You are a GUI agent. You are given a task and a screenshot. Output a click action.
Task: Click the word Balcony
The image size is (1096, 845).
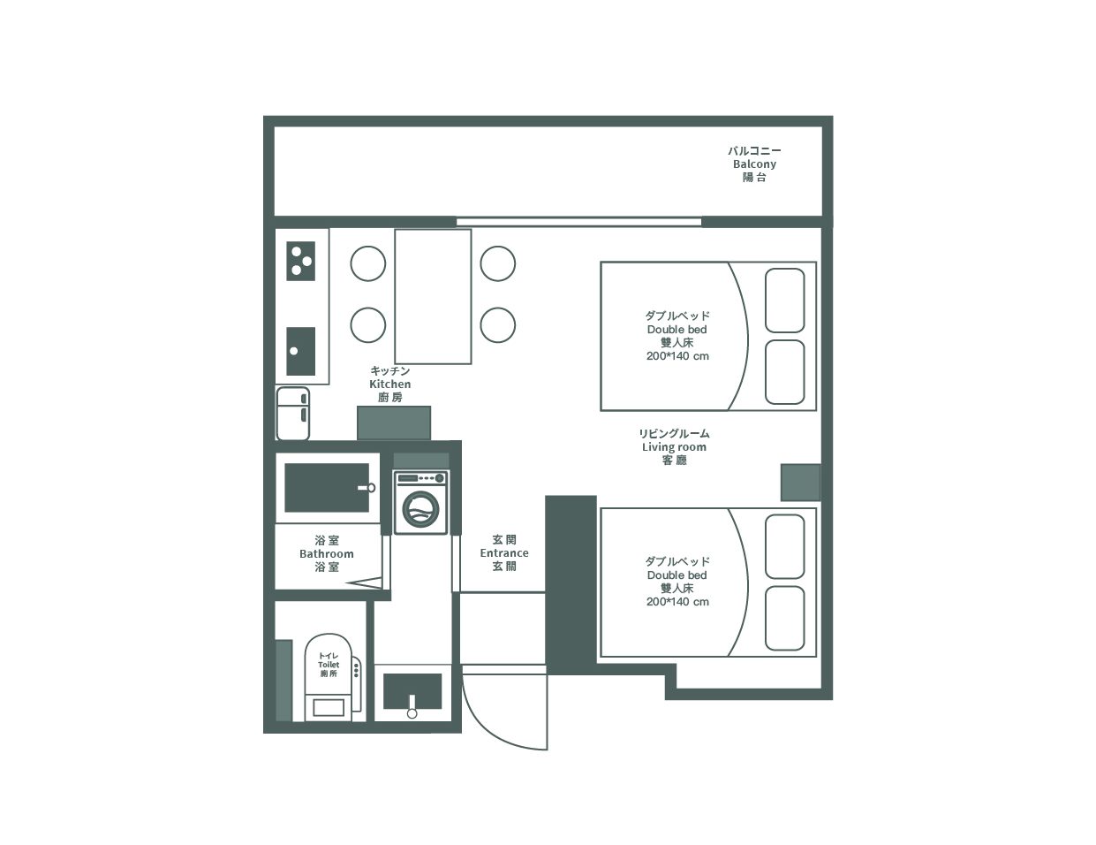[x=754, y=164]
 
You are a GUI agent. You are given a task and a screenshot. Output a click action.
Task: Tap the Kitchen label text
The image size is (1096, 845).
[x=389, y=384]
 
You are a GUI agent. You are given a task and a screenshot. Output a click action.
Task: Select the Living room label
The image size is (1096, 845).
[x=674, y=446]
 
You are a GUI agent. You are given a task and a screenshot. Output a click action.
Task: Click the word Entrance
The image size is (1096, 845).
[x=504, y=552]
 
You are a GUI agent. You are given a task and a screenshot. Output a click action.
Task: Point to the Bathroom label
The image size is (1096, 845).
[x=327, y=553]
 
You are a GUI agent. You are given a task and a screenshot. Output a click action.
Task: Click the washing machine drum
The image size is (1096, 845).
[x=420, y=510]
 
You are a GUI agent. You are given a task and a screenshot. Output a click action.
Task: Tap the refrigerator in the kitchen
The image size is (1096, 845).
[x=292, y=414]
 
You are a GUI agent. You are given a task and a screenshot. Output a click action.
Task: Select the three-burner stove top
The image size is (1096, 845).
[x=300, y=261]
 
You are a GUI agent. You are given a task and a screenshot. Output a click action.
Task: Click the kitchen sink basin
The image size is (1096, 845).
[x=300, y=351]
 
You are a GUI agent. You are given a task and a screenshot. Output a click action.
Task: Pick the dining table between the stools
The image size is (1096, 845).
[x=433, y=297]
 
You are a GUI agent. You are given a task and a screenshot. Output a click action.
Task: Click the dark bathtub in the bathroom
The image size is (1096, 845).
[x=327, y=488]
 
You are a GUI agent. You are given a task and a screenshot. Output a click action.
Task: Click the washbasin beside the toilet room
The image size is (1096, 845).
[x=412, y=690]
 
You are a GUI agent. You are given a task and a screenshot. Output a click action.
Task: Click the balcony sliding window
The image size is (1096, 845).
[x=578, y=222]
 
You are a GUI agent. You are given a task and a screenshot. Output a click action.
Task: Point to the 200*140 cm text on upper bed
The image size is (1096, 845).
[x=677, y=356]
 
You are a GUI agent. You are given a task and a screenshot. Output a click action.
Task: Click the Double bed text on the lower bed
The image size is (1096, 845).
[x=676, y=575]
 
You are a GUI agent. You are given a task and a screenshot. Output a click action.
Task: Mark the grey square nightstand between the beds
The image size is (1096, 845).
[x=800, y=483]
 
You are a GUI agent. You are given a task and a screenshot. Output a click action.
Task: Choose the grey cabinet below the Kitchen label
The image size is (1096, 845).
[x=394, y=423]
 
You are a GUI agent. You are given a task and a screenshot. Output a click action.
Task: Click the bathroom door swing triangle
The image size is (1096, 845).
[x=365, y=582]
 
